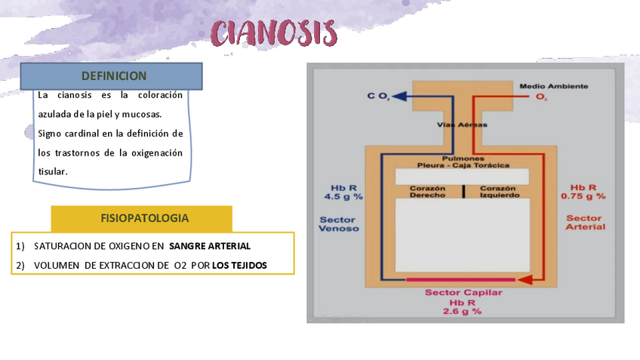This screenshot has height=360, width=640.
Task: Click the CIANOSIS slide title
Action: [275, 34]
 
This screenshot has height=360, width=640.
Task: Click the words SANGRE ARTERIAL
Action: [210, 246]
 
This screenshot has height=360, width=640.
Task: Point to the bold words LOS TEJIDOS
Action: [239, 265]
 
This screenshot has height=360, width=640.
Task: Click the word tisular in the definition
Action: [53, 171]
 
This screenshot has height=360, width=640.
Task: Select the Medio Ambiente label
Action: [554, 86]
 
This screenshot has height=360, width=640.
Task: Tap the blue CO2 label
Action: [378, 97]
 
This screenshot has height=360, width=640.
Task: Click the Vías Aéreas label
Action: [463, 125]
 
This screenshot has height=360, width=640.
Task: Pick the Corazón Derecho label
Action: [427, 191]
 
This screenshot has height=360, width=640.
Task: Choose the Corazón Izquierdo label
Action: [498, 191]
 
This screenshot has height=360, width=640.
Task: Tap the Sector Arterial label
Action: [585, 222]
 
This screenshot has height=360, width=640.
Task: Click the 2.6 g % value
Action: [463, 311]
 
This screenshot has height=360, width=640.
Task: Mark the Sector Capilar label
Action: [463, 293]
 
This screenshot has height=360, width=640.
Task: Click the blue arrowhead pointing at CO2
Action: [399, 97]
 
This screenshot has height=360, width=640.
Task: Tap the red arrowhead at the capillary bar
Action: [527, 280]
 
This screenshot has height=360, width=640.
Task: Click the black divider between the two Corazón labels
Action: [463, 191]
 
